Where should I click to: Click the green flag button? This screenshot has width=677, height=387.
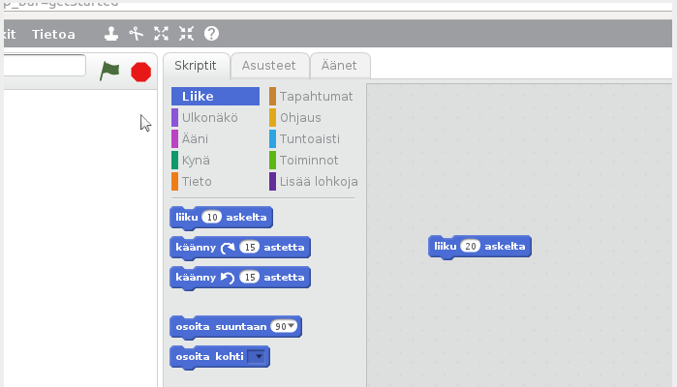pyautogui.click(x=109, y=72)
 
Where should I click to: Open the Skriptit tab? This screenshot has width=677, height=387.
pyautogui.click(x=196, y=66)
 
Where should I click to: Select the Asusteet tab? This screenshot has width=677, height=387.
pyautogui.click(x=269, y=66)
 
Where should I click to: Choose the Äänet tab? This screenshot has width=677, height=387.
pyautogui.click(x=339, y=66)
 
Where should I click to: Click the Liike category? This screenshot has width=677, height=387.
pyautogui.click(x=215, y=96)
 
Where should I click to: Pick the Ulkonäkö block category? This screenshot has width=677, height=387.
pyautogui.click(x=209, y=117)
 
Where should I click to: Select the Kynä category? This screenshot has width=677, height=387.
pyautogui.click(x=196, y=160)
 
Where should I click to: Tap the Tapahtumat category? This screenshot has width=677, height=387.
pyautogui.click(x=316, y=96)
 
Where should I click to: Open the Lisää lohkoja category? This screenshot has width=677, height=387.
pyautogui.click(x=319, y=181)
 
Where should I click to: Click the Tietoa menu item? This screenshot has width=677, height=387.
pyautogui.click(x=53, y=34)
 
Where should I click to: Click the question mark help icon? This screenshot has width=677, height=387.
pyautogui.click(x=211, y=34)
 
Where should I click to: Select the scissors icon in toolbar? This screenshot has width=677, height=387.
pyautogui.click(x=136, y=34)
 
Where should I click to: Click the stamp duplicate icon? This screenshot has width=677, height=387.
pyautogui.click(x=111, y=34)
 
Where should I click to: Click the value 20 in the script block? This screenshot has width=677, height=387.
pyautogui.click(x=471, y=247)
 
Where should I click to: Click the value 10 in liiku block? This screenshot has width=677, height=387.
pyautogui.click(x=213, y=218)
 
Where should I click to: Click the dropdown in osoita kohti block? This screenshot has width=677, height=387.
pyautogui.click(x=257, y=357)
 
